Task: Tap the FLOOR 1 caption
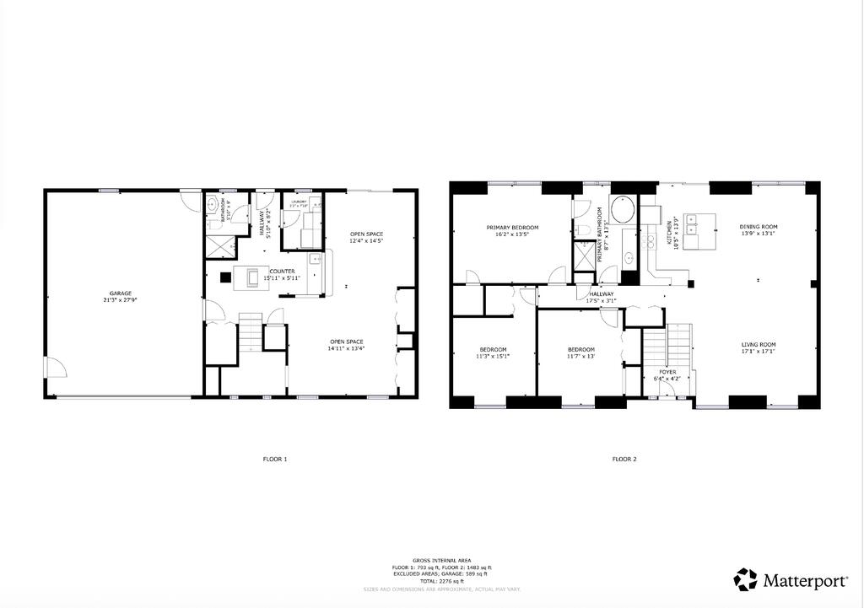pyautogui.click(x=275, y=460)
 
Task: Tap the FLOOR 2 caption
pyautogui.click(x=624, y=460)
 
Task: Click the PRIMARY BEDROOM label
pyautogui.click(x=512, y=228)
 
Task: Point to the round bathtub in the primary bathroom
pyautogui.click(x=624, y=209)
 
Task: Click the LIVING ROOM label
pyautogui.click(x=759, y=344)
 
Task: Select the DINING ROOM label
pyautogui.click(x=759, y=227)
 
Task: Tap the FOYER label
pyautogui.click(x=667, y=372)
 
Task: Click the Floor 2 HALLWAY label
pyautogui.click(x=602, y=294)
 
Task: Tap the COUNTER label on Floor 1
pyautogui.click(x=282, y=272)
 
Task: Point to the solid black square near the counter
pyautogui.click(x=225, y=276)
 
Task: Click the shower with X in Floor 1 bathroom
pyautogui.click(x=222, y=247)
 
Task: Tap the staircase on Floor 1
pyautogui.click(x=251, y=332)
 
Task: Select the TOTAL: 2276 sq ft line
pyautogui.click(x=442, y=582)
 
